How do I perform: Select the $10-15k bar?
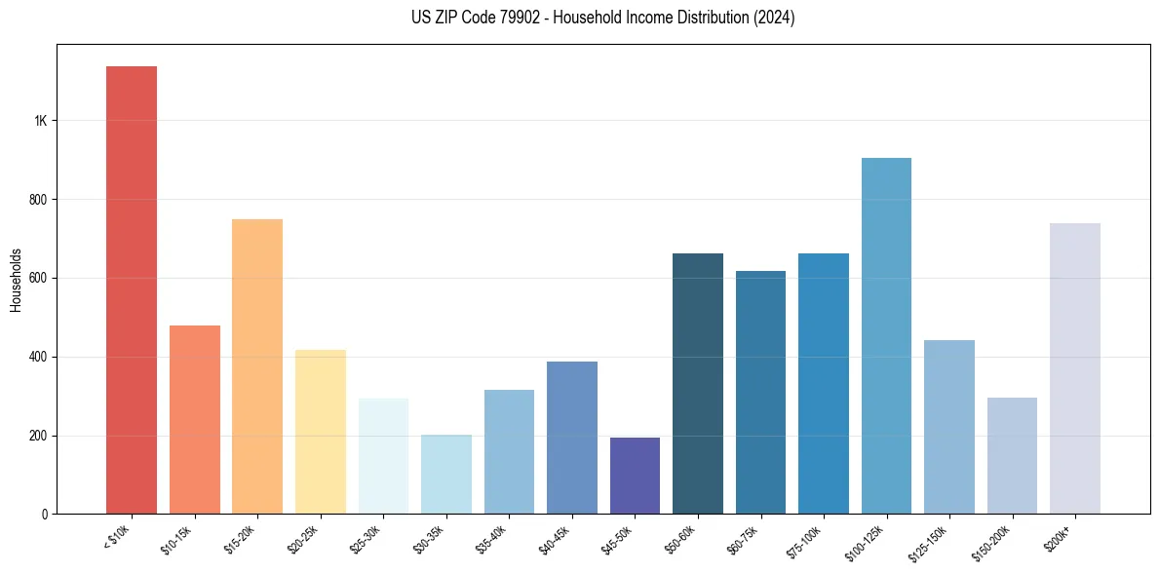pyautogui.click(x=194, y=419)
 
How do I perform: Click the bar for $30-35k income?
pyautogui.click(x=445, y=474)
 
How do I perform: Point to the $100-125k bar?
pyautogui.click(x=886, y=335)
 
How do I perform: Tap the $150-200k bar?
pyautogui.click(x=1012, y=455)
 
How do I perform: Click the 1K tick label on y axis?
pyautogui.click(x=41, y=121)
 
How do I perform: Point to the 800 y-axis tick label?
pyautogui.click(x=38, y=200)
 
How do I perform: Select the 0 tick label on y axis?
pyautogui.click(x=45, y=514)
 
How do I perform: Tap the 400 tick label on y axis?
pyautogui.click(x=38, y=357)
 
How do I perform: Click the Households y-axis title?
pyautogui.click(x=16, y=279)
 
